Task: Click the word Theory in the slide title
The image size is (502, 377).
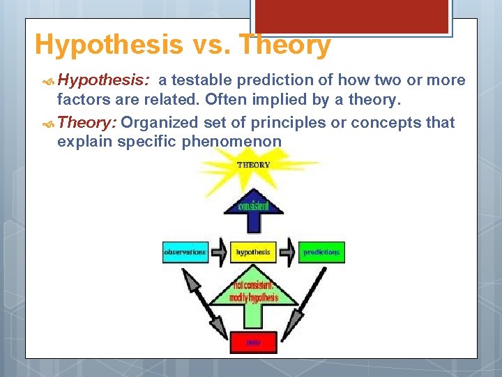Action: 286,45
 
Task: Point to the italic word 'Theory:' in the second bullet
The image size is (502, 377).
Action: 88,123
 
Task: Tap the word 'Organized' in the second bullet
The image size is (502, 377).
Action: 160,123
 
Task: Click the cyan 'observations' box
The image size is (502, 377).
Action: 185,252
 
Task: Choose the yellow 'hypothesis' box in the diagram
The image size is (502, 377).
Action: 253,252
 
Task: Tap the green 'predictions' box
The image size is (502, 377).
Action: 321,252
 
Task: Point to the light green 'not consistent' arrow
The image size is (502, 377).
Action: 253,293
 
